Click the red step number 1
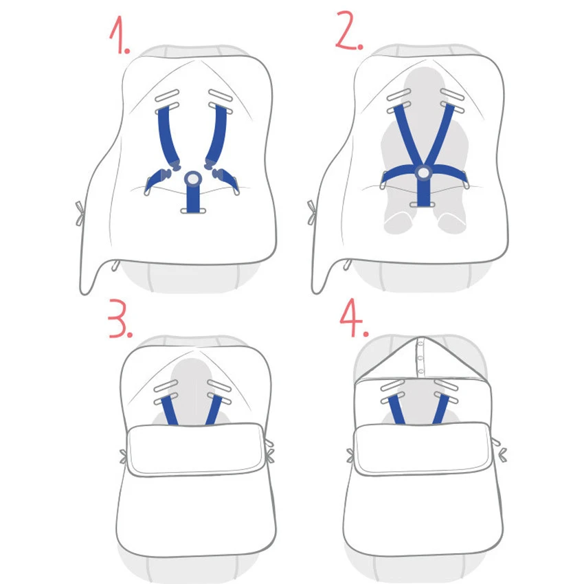pyautogui.click(x=119, y=34)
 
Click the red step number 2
pyautogui.click(x=349, y=30)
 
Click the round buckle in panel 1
pyautogui.click(x=193, y=179)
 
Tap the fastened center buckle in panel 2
pyautogui.click(x=423, y=173)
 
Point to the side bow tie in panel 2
pyautogui.click(x=312, y=212)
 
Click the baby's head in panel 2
pyautogui.click(x=425, y=87)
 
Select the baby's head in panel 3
pyautogui.click(x=193, y=377)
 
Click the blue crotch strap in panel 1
pyautogui.click(x=193, y=198)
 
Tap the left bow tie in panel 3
pyautogui.click(x=123, y=457)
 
